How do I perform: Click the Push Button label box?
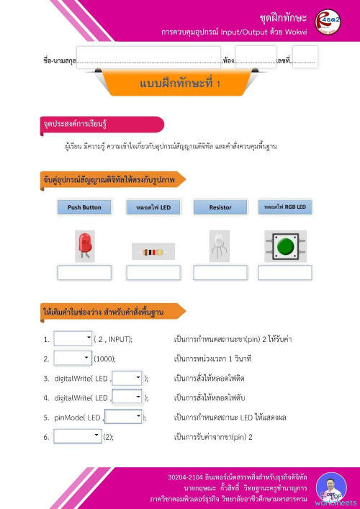(x=84, y=207)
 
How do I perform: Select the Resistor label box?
(x=220, y=207)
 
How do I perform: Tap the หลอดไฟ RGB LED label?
(x=285, y=207)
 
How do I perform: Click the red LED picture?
(x=84, y=247)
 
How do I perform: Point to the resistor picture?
(x=153, y=252)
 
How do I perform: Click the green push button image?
(x=285, y=246)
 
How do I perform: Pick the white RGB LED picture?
(x=220, y=246)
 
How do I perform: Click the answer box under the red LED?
(x=84, y=273)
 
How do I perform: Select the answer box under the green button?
(x=284, y=273)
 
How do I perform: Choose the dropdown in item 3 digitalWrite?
(x=127, y=377)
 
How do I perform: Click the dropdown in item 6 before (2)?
(x=78, y=436)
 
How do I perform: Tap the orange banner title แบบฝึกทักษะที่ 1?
(x=180, y=84)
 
